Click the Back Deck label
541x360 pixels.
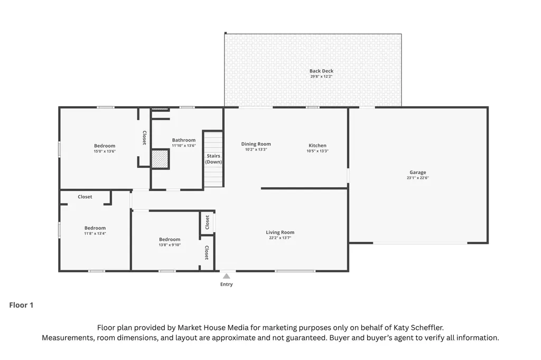click(321, 71)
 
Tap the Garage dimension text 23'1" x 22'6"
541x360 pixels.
click(418, 178)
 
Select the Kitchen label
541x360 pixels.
click(318, 146)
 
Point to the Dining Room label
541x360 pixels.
click(256, 144)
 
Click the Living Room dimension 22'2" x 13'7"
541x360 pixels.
click(280, 238)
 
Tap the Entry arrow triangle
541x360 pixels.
click(226, 276)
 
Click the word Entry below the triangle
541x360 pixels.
click(226, 284)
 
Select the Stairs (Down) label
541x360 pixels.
click(213, 159)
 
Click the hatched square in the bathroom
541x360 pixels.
click(160, 159)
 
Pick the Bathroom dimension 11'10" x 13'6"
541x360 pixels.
click(184, 146)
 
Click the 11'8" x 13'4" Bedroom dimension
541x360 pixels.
click(95, 233)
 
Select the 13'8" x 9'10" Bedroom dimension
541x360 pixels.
click(170, 245)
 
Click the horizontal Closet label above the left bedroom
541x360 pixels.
click(85, 197)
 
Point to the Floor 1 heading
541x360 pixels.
click(21, 305)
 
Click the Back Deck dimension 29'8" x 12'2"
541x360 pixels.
click(321, 77)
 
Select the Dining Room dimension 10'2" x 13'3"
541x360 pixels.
click(256, 150)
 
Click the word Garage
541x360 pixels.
click(418, 173)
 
